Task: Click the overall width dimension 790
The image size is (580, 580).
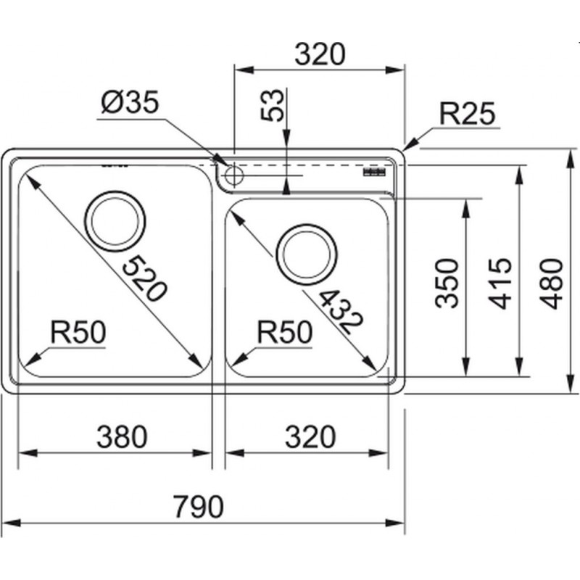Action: (x=199, y=506)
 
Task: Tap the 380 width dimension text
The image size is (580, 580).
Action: (x=122, y=436)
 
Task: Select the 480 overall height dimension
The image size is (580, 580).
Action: (x=551, y=283)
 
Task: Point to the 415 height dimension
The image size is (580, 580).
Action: (x=500, y=283)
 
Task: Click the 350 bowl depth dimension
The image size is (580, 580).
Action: (x=447, y=283)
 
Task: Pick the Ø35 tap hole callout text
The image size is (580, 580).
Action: (x=130, y=101)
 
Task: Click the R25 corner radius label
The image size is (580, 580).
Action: (x=467, y=114)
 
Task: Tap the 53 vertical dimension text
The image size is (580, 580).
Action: (x=273, y=105)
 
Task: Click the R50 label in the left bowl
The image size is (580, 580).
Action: (x=78, y=332)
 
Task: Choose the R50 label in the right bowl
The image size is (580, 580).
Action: (x=285, y=332)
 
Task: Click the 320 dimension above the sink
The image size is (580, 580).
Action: (x=320, y=54)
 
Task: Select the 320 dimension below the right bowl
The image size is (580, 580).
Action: (x=310, y=436)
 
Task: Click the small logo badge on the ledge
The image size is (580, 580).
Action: (x=374, y=172)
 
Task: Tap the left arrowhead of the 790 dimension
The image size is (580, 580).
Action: (x=11, y=523)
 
